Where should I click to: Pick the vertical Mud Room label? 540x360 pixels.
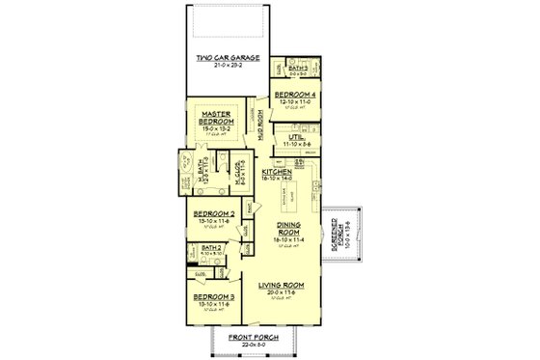260,123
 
